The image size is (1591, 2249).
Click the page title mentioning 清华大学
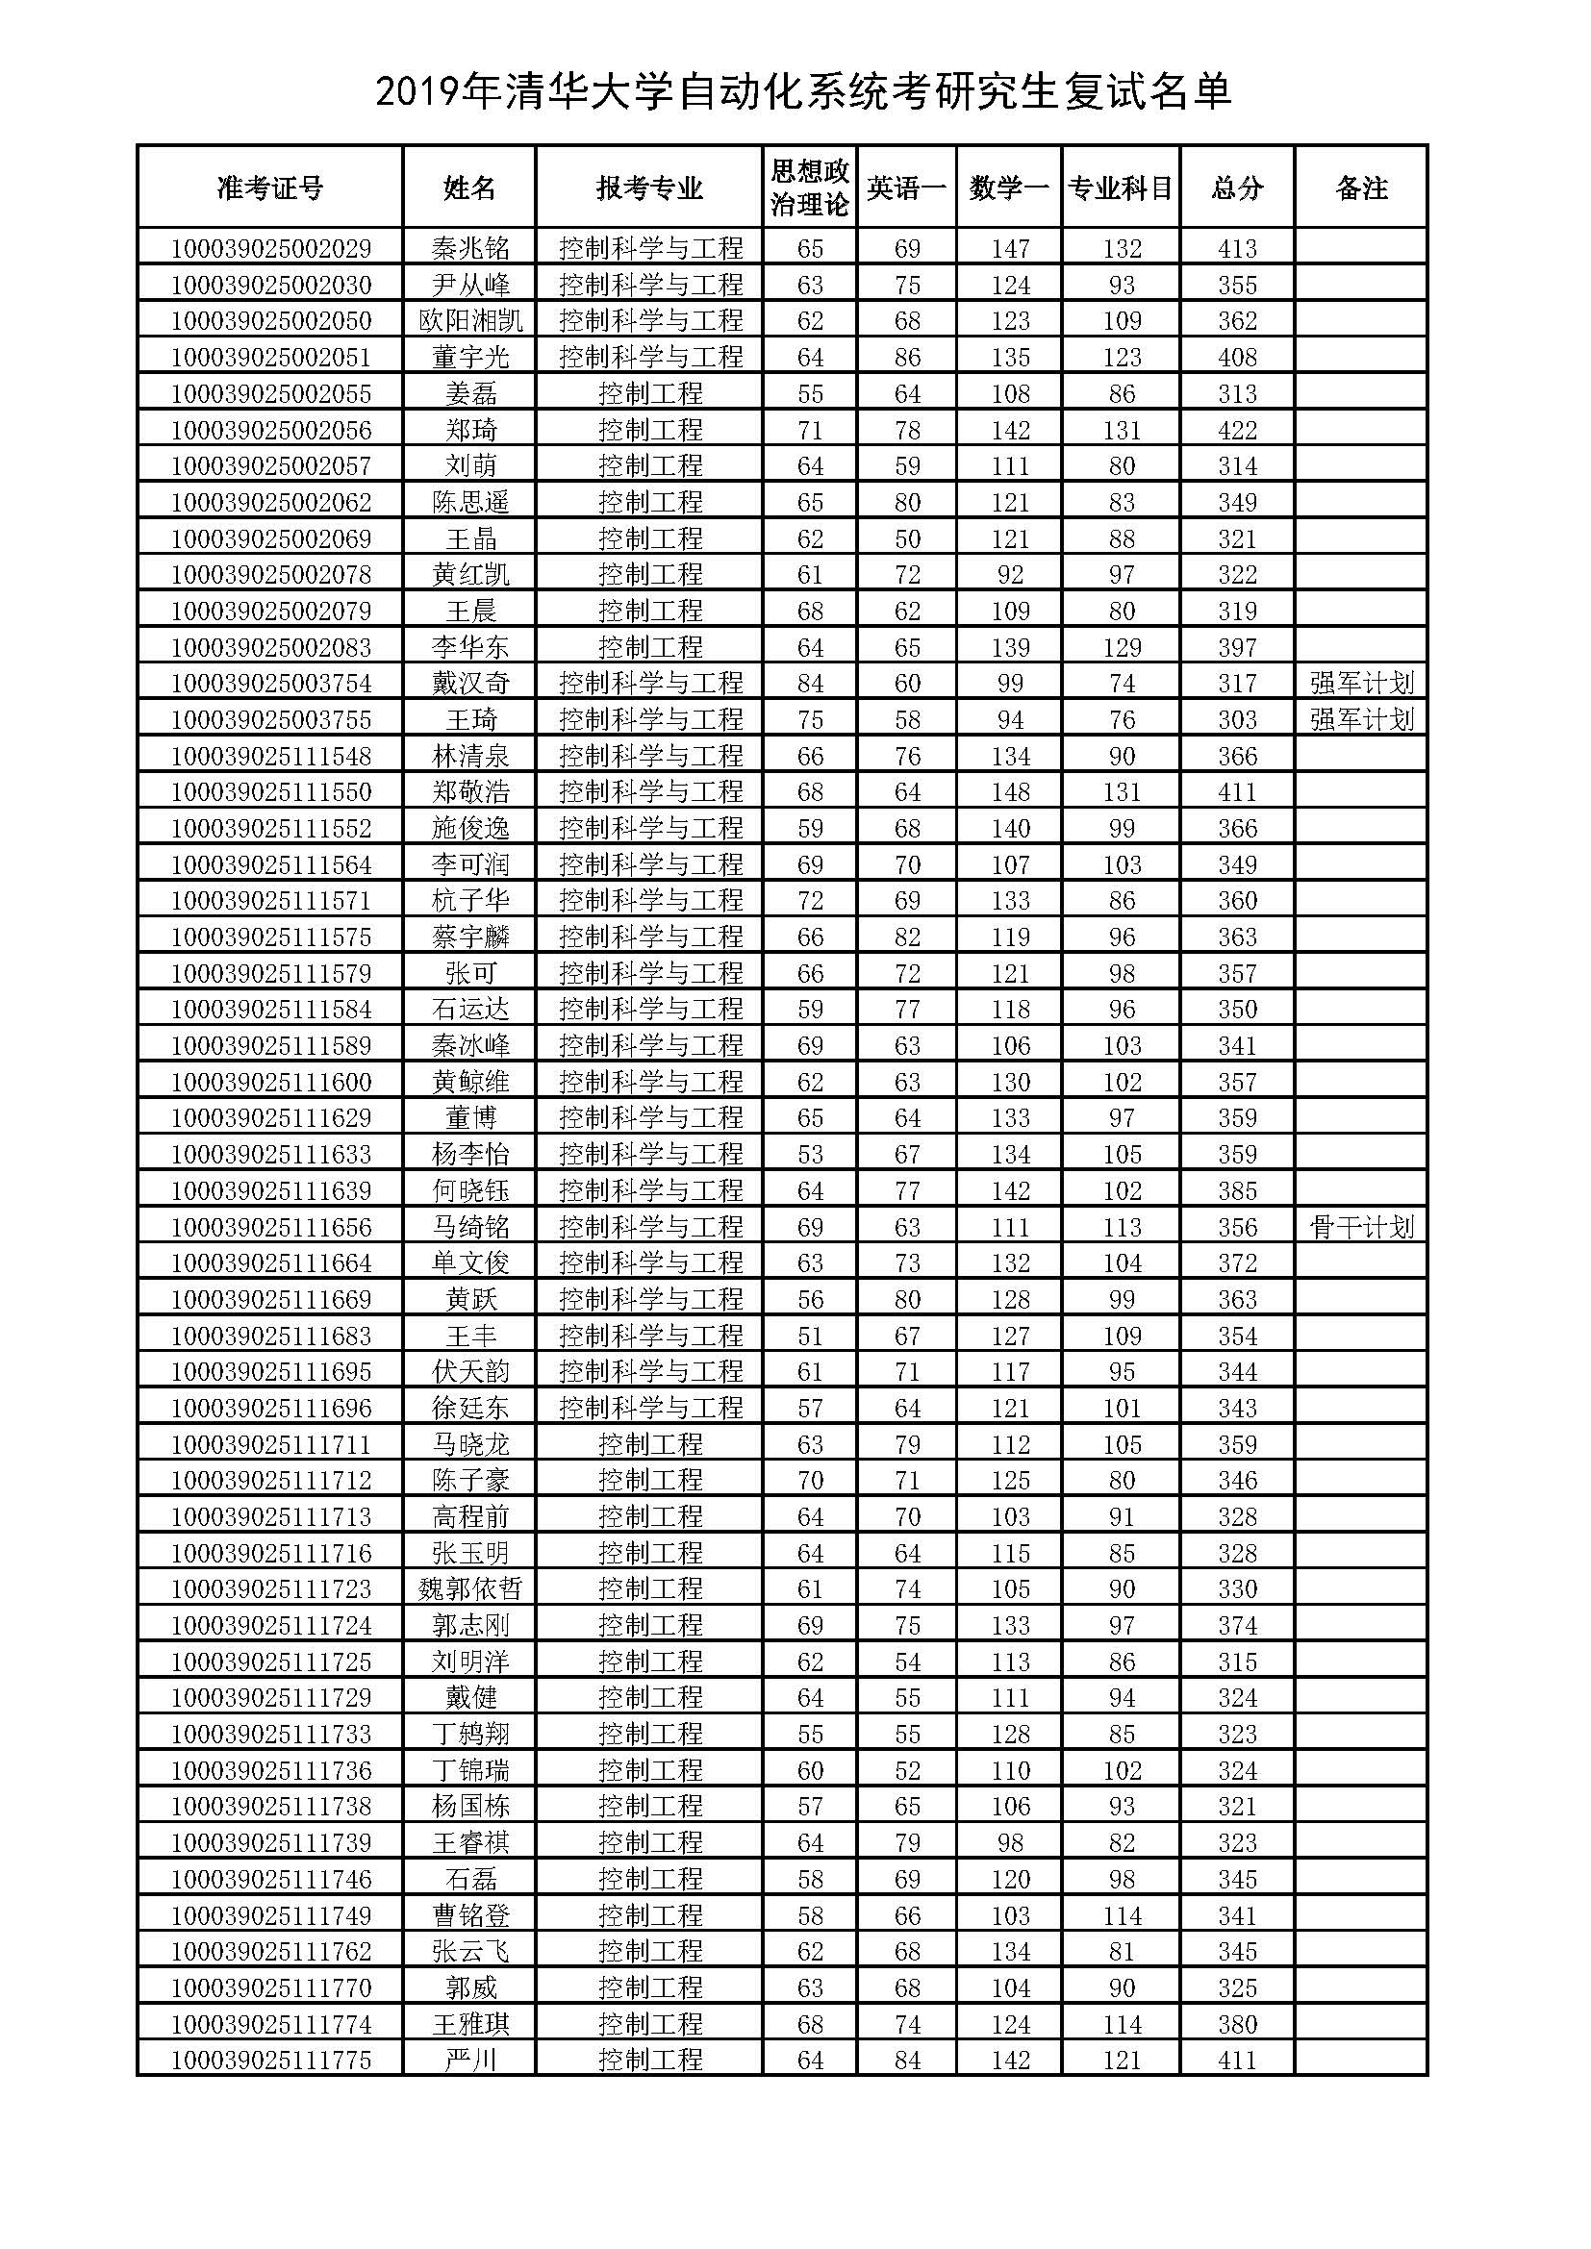pos(803,93)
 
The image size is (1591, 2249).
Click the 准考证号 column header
pos(270,188)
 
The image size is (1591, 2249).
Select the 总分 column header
pos(1237,188)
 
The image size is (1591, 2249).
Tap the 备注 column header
pos(1362,188)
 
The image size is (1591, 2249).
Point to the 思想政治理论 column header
pos(809,188)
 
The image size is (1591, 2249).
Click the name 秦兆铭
pos(470,248)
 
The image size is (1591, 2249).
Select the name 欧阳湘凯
pos(470,320)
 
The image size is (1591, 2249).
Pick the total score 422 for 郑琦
pos(1237,430)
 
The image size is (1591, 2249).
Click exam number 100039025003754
pos(271,683)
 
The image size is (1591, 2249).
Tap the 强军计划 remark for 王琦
pos(1362,720)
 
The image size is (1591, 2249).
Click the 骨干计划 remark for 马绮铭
pos(1362,1226)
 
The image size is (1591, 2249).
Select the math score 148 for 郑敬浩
pos(1010,791)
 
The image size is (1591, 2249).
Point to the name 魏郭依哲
pos(470,1588)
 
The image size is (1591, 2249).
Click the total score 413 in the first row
pos(1237,248)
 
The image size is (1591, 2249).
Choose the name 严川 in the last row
pos(470,2060)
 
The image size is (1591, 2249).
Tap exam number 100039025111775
pos(271,2060)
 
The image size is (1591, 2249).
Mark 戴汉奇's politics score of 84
pos(810,683)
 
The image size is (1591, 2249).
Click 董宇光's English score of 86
pos(907,357)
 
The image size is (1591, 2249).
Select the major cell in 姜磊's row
pos(650,394)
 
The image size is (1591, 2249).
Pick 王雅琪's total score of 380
pos(1237,2024)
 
